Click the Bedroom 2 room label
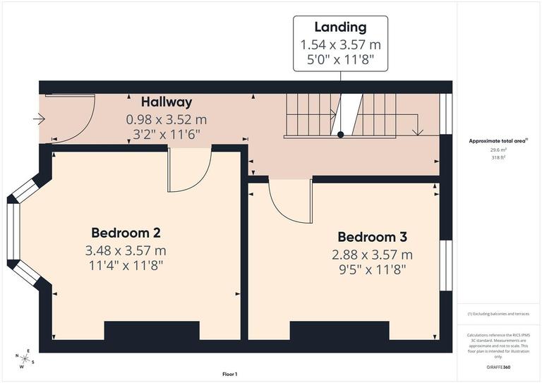[x=126, y=233]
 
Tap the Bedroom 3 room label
[x=372, y=237]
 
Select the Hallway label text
[x=166, y=102]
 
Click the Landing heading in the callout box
[x=340, y=28]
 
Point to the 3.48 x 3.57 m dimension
[x=126, y=250]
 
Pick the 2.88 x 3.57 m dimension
[x=372, y=255]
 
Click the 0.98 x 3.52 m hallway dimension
[x=166, y=119]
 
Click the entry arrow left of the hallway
[x=38, y=120]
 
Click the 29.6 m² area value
[x=499, y=150]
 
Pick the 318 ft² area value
[x=499, y=158]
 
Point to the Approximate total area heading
[x=498, y=141]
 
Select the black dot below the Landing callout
[x=340, y=134]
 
